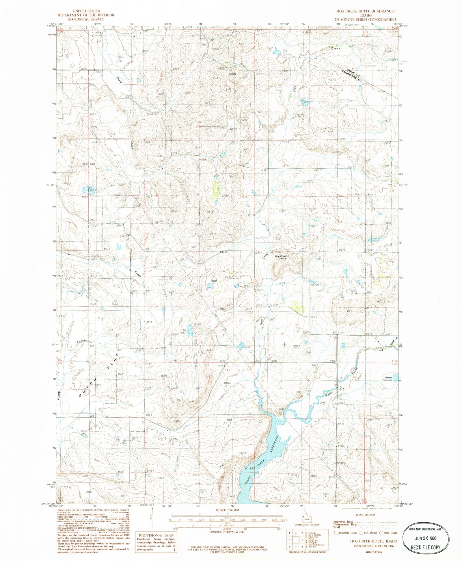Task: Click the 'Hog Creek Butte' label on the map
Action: click(281, 257)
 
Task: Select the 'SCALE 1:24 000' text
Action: click(228, 510)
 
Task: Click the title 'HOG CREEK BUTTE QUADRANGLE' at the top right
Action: click(366, 11)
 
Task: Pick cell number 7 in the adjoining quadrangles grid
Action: click(296, 547)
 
